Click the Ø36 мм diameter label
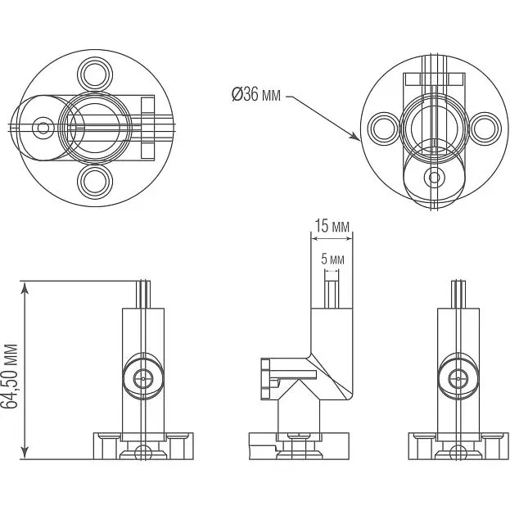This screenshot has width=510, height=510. tap(256, 95)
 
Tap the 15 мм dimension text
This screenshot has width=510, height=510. tap(332, 226)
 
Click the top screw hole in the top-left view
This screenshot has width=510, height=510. tap(95, 74)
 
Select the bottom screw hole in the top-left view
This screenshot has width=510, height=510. tap(95, 182)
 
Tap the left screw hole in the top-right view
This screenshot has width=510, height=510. tap(384, 128)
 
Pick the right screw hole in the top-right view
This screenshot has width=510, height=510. tap(485, 128)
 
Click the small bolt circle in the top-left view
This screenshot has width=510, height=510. tap(43, 128)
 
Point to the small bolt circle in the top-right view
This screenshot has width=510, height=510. tap(434, 178)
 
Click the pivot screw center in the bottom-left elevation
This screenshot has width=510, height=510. tap(143, 378)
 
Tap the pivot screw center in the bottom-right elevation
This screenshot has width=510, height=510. tap(458, 378)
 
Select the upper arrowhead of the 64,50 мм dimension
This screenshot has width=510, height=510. tap(25, 287)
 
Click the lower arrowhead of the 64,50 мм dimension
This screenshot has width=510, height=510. tap(25, 453)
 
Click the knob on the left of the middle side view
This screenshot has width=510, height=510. tap(265, 378)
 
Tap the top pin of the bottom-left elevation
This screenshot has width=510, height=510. tap(143, 294)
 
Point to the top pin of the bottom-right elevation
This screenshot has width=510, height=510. tap(458, 294)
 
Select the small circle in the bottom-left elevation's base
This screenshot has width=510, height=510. tap(143, 453)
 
